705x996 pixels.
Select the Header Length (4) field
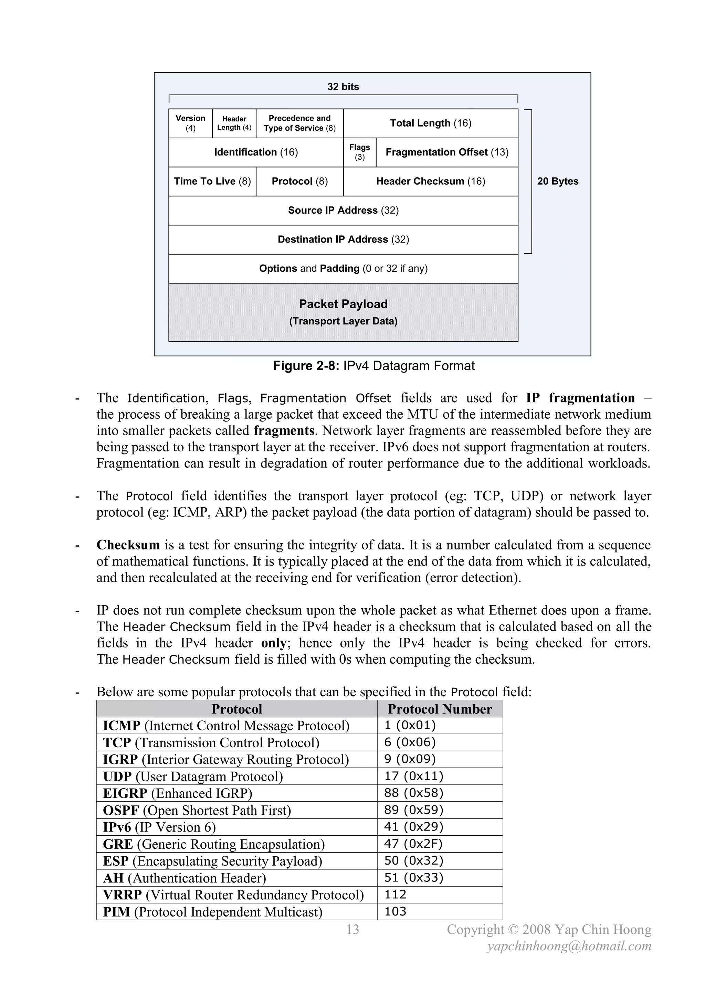[234, 123]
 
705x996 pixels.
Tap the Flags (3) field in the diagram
[359, 152]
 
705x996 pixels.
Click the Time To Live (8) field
[212, 181]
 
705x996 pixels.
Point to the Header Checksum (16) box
[430, 181]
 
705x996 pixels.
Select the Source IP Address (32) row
[343, 211]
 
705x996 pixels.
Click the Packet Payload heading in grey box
[343, 304]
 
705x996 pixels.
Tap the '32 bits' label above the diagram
[343, 87]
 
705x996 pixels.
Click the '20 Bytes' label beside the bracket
[557, 181]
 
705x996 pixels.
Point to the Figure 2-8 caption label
[305, 366]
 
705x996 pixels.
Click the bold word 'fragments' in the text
[284, 431]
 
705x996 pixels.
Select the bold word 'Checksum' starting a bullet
[128, 545]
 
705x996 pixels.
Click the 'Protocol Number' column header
[440, 709]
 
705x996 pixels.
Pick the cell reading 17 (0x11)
[413, 776]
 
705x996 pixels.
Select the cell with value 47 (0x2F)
[413, 844]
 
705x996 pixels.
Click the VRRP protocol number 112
[395, 895]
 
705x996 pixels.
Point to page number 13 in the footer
[352, 929]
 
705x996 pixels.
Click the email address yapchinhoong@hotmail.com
[569, 946]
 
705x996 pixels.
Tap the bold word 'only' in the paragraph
[273, 643]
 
